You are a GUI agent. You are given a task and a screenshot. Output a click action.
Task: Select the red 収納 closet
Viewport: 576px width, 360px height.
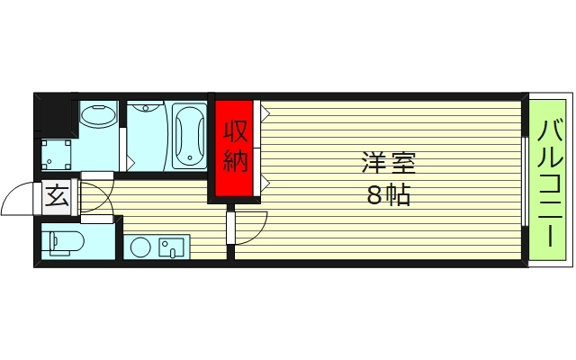coord(235,148)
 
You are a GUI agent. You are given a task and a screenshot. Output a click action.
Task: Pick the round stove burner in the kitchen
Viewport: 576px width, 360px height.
coord(139,247)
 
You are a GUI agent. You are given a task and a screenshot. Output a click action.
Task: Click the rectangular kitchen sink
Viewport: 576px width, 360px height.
coord(171,247)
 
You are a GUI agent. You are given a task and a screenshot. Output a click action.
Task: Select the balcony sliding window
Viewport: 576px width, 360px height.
coord(524,180)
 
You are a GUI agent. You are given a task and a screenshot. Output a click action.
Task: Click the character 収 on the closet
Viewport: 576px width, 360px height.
coord(235,130)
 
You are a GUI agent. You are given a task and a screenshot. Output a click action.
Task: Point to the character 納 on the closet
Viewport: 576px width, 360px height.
coord(235,161)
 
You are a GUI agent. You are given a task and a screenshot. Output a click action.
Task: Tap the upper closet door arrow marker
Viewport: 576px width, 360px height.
coord(265,113)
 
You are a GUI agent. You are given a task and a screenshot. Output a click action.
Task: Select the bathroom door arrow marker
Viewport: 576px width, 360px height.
coord(131,162)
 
